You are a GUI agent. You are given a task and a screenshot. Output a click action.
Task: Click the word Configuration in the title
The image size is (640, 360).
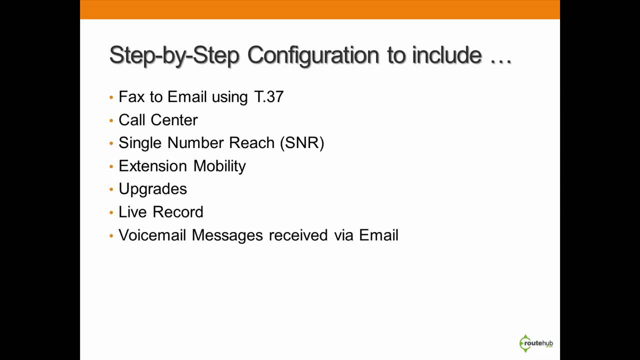313,55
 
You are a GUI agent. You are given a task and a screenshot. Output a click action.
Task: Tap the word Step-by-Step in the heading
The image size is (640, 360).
174,55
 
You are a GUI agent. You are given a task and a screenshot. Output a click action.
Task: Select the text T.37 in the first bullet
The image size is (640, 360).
269,97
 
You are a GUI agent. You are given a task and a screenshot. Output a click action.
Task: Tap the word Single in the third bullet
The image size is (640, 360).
140,143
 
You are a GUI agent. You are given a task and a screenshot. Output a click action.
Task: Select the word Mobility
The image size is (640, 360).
219,166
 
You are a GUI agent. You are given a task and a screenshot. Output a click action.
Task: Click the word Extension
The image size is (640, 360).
152,166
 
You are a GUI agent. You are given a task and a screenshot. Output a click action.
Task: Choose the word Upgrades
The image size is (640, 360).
152,189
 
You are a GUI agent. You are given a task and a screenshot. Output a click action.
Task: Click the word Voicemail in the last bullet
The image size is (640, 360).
152,235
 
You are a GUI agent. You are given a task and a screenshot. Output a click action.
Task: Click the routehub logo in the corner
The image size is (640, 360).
535,343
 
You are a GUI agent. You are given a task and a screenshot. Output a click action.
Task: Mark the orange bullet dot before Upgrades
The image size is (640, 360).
111,189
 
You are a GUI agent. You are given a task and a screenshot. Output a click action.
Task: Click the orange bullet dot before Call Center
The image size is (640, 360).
111,120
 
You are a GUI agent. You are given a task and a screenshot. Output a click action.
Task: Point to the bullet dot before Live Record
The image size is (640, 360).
111,212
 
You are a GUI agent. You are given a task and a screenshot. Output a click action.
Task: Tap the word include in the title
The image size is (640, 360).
446,55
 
